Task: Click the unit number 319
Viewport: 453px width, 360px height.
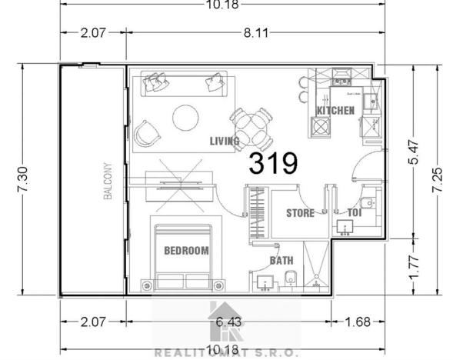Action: pyautogui.click(x=273, y=163)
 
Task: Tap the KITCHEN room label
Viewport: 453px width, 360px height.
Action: pyautogui.click(x=335, y=111)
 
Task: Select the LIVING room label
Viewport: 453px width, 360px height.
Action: pyautogui.click(x=225, y=141)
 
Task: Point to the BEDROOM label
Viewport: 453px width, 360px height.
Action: pyautogui.click(x=186, y=251)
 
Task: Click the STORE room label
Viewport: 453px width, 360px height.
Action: pyautogui.click(x=300, y=213)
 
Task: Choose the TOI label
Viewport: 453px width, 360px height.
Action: pyautogui.click(x=354, y=213)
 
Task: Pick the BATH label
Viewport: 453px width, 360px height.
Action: pyautogui.click(x=280, y=260)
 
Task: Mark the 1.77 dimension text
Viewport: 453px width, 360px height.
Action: pyautogui.click(x=413, y=266)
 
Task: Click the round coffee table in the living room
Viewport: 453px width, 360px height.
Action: pyautogui.click(x=185, y=117)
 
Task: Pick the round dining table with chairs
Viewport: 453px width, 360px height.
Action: pyautogui.click(x=251, y=125)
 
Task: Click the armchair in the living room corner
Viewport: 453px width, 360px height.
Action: pyautogui.click(x=148, y=134)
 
